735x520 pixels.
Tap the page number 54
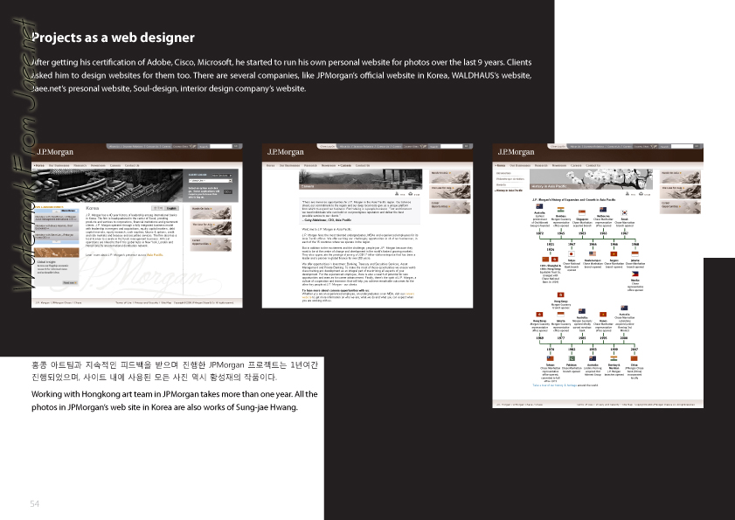(35, 503)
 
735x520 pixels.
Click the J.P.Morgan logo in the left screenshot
(47, 152)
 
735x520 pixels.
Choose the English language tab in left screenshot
(172, 208)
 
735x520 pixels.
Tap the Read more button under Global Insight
(69, 282)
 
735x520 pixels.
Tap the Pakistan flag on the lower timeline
(572, 358)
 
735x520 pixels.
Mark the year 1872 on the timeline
(538, 233)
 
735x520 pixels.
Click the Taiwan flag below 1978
(550, 358)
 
